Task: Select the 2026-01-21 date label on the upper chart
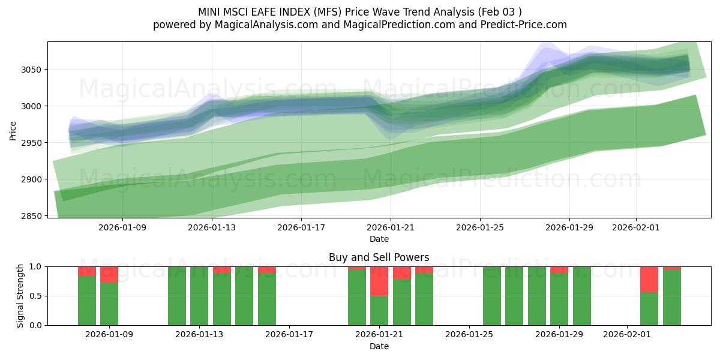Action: click(391, 228)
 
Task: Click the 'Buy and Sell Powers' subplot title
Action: click(379, 257)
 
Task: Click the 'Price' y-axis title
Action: click(13, 130)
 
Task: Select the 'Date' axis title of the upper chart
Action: click(379, 239)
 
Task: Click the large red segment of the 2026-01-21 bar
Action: click(379, 281)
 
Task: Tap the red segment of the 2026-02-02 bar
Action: click(649, 279)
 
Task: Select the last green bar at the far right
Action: click(671, 297)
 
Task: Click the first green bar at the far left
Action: click(87, 300)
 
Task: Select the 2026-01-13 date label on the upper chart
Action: click(212, 228)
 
